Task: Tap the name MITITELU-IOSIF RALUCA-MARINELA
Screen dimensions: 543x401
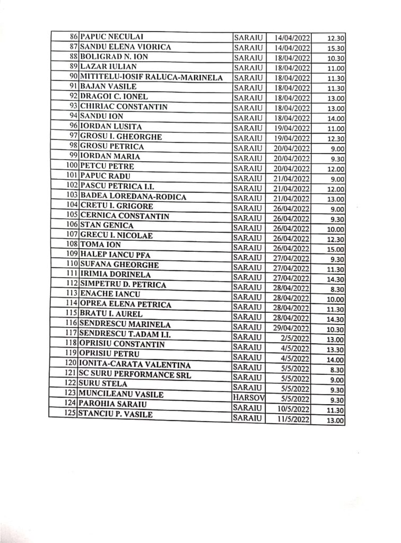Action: point(151,77)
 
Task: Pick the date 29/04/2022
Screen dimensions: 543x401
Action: point(291,328)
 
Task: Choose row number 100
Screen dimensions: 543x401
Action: point(72,167)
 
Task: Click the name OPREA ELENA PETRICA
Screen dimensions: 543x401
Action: point(125,304)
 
